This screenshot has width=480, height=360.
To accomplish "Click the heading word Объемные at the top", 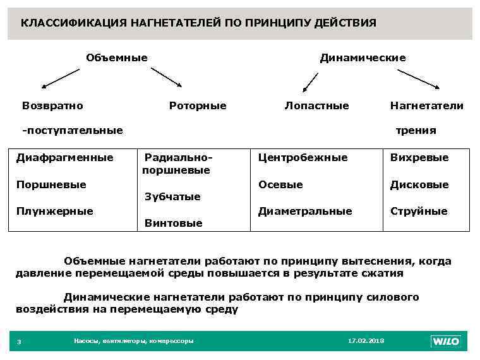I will point(117,58).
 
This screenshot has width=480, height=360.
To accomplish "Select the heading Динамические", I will point(363,58).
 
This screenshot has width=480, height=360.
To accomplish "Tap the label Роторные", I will point(198,105).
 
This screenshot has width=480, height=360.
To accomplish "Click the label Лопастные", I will point(316,105).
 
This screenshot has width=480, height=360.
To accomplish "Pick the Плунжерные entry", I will point(54,211).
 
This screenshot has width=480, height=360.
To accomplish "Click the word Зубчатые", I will point(172,196).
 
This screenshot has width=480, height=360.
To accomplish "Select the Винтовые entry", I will point(174,223).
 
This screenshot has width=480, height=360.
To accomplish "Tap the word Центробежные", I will point(303,157).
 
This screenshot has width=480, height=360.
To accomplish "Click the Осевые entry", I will point(280,184).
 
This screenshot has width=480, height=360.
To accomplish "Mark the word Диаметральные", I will point(305,211).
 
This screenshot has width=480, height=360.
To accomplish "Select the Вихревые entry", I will point(419,157).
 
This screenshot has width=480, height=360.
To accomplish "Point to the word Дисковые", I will point(419,184).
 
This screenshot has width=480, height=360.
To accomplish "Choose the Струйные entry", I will point(419,211).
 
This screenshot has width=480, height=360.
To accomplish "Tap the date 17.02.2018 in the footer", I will point(366,341).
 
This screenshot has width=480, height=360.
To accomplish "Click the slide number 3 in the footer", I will point(19,342).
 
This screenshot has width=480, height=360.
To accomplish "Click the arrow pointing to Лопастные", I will point(309,81).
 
